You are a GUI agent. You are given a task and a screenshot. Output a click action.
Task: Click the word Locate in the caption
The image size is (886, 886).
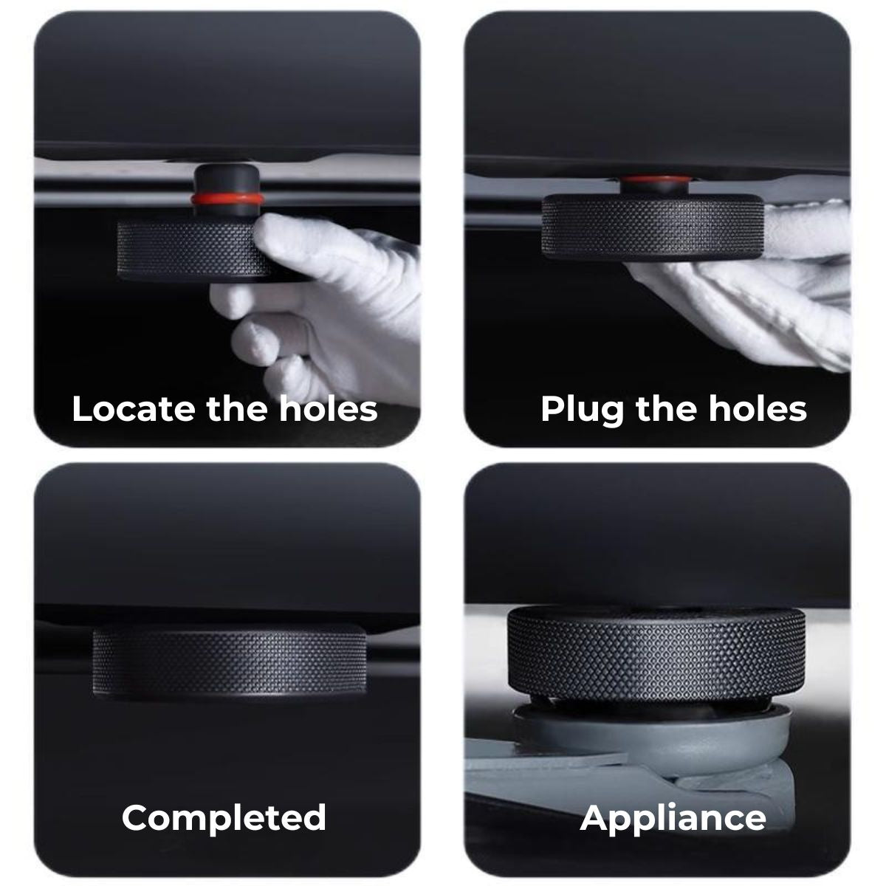[134, 409]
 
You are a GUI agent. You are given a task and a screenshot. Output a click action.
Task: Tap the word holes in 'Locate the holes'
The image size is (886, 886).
[329, 409]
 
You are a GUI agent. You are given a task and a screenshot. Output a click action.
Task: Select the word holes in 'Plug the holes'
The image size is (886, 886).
[758, 409]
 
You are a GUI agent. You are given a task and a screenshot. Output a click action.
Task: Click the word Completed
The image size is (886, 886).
[224, 818]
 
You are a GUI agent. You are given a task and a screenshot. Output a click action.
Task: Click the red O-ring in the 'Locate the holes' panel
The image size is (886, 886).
[227, 199]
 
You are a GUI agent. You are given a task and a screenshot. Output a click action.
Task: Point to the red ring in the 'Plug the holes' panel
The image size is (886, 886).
[656, 179]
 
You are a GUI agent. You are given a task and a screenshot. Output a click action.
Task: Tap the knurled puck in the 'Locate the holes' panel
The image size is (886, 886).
[193, 250]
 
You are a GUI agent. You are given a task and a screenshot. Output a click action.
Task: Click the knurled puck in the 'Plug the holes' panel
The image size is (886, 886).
[653, 227]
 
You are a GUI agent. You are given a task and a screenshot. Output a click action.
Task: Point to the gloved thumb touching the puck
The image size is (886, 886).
[295, 239]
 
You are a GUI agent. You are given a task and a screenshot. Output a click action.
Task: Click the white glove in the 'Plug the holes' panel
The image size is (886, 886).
[754, 285]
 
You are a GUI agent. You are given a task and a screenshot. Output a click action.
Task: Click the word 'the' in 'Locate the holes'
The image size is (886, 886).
[237, 409]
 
